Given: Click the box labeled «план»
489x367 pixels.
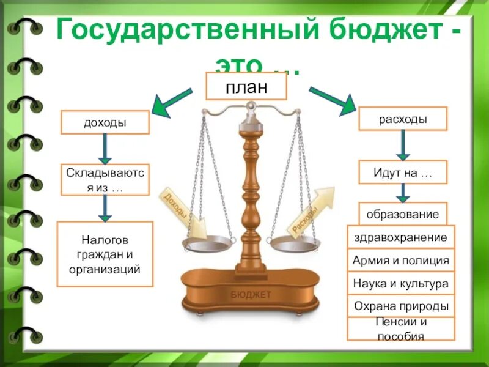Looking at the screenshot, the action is coord(246,86).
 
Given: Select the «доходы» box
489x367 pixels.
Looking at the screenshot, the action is coord(105,122).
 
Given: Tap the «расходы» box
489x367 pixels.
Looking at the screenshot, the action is coord(402,119).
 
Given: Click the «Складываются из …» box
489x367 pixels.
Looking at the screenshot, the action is coord(105,179).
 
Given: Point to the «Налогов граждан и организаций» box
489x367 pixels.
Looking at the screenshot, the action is coord(105,254).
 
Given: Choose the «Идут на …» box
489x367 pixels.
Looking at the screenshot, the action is coord(402,172).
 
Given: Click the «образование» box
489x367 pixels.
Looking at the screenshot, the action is coord(402,214).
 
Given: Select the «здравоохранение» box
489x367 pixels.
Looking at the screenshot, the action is coord(401,237).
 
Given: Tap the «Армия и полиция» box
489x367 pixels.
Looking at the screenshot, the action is coord(401,261).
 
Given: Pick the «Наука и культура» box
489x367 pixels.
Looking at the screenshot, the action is coord(401,284).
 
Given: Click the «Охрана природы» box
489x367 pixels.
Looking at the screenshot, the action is coord(401,306).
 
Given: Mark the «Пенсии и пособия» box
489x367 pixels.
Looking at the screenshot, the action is coord(401,329).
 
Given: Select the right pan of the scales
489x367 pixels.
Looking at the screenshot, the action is coord(295,245).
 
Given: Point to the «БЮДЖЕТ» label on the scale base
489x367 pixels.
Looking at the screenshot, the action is coord(251,295).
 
